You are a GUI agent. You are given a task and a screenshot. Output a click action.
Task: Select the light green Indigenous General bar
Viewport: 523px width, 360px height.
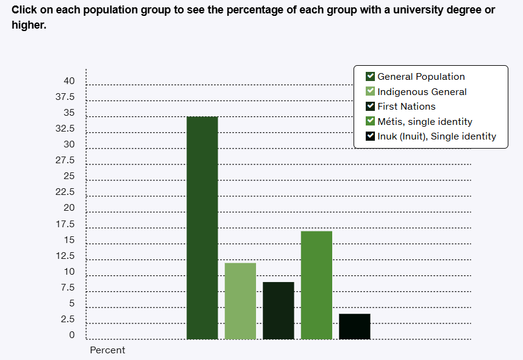point(240,301)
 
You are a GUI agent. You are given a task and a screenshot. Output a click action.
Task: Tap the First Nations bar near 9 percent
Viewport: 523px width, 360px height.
point(279,311)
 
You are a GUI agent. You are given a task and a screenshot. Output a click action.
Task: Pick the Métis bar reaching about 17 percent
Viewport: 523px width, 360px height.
point(316,285)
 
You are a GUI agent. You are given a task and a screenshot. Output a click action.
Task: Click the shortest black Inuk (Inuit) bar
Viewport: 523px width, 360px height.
point(355,326)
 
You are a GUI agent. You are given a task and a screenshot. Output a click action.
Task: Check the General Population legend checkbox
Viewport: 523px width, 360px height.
point(370,76)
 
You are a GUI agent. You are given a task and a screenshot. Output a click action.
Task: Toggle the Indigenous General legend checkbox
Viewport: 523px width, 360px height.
point(370,91)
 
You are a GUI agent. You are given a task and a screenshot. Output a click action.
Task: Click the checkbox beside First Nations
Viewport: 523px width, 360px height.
point(370,106)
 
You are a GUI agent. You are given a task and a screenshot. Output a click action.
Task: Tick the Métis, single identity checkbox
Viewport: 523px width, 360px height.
point(370,121)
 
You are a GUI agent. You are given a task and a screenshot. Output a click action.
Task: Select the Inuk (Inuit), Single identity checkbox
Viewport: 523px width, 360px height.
point(370,136)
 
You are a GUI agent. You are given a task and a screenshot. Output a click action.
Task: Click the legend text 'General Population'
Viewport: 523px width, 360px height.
point(421,77)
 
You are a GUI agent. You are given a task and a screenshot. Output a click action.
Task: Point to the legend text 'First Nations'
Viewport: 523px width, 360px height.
point(407,107)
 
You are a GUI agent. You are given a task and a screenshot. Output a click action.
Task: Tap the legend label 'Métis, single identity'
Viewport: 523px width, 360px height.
point(425,122)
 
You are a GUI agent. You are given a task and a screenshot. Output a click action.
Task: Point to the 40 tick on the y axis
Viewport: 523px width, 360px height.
point(69,81)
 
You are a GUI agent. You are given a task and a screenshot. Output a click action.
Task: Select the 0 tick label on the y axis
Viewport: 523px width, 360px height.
point(72,335)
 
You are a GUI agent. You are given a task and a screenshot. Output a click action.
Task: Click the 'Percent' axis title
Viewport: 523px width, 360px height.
point(107,350)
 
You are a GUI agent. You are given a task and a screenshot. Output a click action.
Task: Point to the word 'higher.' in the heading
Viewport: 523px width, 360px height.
point(29,26)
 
